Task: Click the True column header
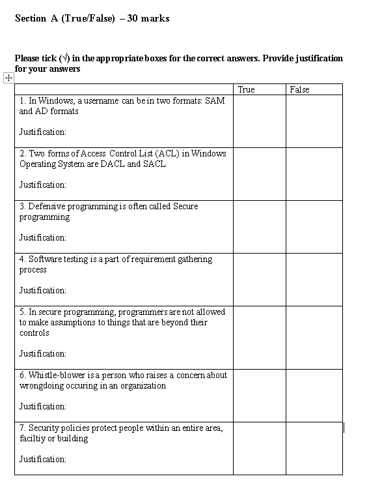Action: (x=246, y=89)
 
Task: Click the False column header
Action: (x=299, y=89)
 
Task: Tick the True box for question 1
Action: (x=259, y=121)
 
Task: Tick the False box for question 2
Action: (x=314, y=174)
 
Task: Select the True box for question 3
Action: (x=259, y=227)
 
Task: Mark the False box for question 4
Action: (x=314, y=280)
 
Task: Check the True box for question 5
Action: (x=259, y=338)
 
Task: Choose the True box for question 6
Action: (x=259, y=396)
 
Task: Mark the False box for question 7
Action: (x=314, y=449)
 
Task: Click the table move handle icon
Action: (x=8, y=78)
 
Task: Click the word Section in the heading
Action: (x=30, y=18)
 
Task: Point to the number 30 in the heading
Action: (x=132, y=18)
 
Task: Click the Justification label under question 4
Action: (x=42, y=290)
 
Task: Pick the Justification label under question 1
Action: (x=42, y=132)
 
